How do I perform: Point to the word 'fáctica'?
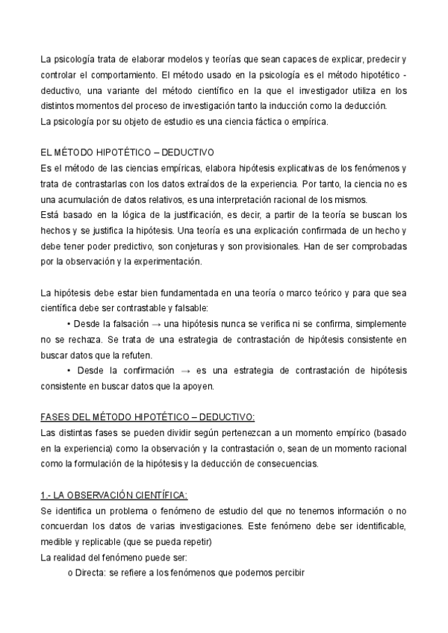pyautogui.click(x=267, y=121)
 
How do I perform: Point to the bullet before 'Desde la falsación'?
pyautogui.click(x=69, y=323)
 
